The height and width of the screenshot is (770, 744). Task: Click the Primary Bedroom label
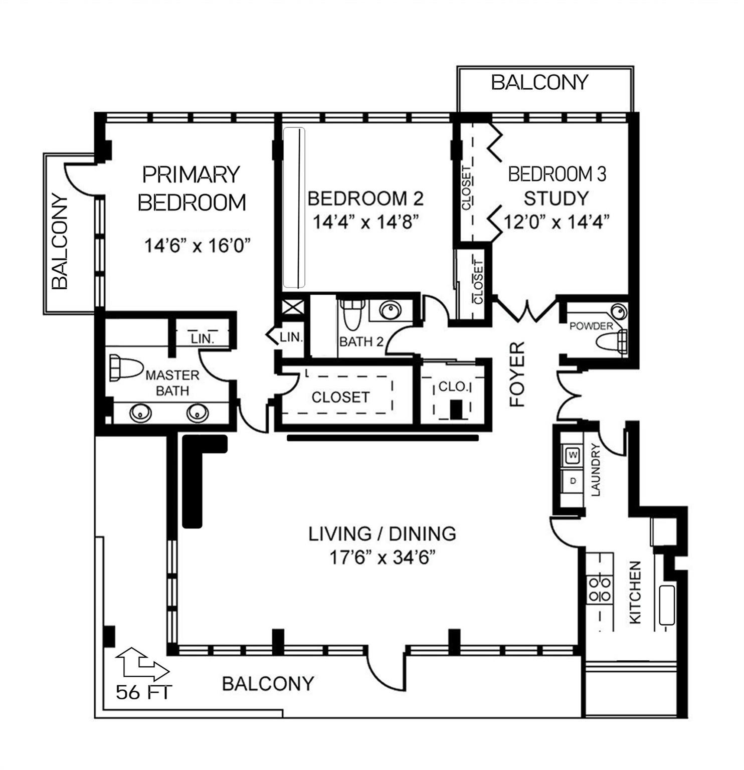192,189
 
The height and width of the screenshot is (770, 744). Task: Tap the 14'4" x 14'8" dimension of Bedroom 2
365,221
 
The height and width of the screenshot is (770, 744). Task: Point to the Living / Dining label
382,533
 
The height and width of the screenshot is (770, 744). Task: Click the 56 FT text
144,692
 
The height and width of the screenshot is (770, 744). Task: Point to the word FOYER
517,374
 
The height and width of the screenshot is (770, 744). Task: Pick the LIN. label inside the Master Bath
203,339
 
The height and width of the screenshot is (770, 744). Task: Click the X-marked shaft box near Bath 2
291,307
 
